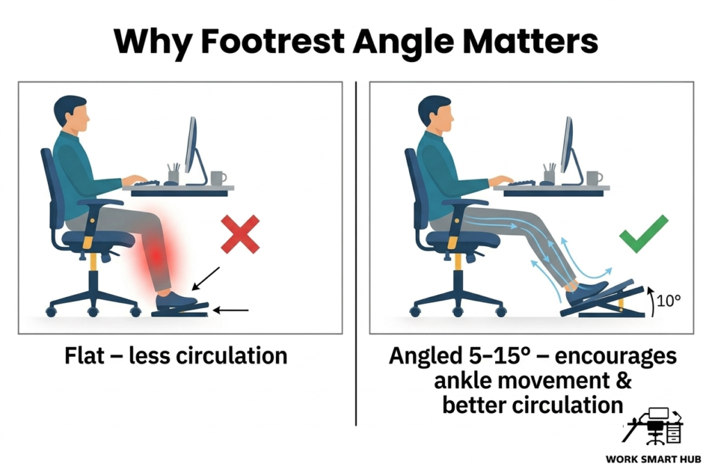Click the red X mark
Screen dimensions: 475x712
click(x=240, y=234)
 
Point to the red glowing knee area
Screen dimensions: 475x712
click(x=159, y=255)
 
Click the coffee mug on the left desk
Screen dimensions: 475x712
click(x=218, y=177)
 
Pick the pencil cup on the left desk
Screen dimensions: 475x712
click(x=173, y=174)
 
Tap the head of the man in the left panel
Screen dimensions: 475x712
click(x=72, y=113)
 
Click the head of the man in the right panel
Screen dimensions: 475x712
click(x=435, y=113)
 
